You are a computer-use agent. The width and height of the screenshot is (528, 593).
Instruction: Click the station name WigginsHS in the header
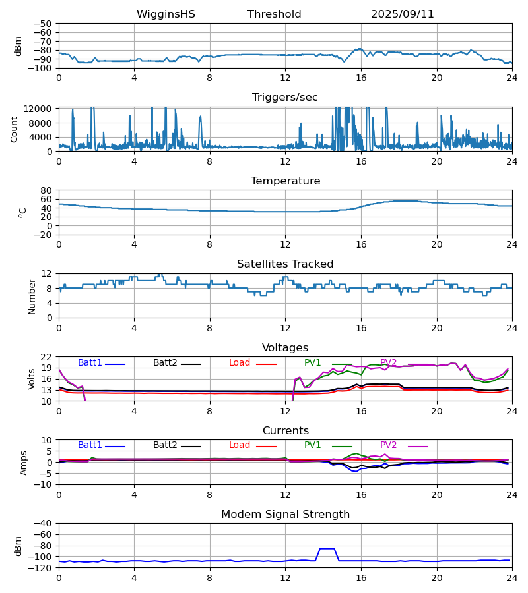166,14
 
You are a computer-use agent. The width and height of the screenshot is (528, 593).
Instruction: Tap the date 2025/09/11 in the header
403,14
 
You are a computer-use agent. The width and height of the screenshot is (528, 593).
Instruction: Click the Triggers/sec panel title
285,98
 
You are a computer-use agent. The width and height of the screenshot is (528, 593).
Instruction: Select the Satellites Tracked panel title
285,264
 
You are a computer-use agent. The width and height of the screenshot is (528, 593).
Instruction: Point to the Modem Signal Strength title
285,515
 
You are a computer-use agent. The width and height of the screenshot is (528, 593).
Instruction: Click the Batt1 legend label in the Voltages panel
90,363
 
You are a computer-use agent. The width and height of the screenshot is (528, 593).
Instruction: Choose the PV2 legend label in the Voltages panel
389,363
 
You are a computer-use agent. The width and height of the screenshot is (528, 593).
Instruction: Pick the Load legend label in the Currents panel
240,445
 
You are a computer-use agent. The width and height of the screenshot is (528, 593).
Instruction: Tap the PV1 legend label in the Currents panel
313,445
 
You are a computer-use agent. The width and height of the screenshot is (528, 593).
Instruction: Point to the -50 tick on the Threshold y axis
45,24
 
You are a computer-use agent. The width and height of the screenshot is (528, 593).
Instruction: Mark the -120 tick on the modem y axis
42,567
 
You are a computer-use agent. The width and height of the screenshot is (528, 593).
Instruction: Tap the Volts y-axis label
32,379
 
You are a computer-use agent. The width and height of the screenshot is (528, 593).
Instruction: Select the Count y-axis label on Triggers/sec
15,129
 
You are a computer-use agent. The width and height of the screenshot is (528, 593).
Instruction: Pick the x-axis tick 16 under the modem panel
361,578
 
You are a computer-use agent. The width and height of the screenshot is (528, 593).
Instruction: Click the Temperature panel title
285,181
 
